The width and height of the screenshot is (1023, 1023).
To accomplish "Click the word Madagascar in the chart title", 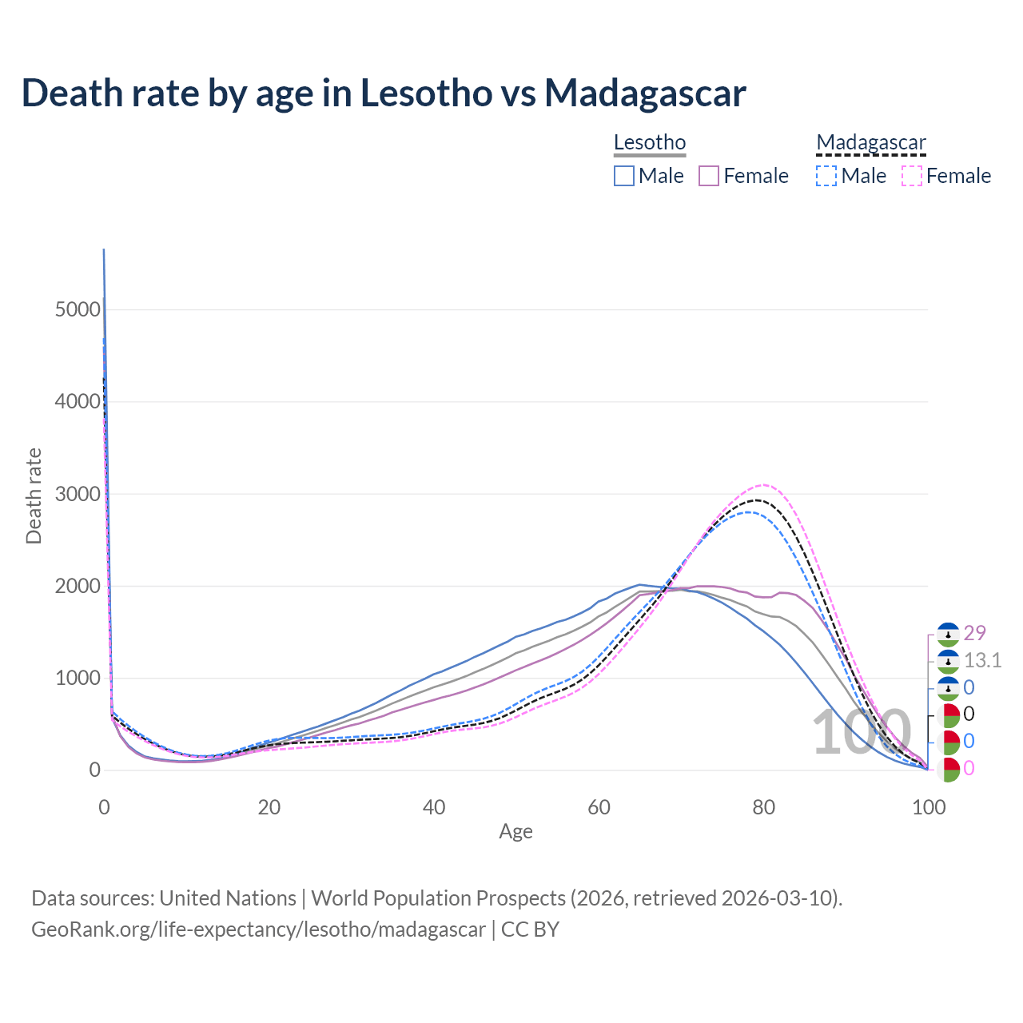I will (645, 93).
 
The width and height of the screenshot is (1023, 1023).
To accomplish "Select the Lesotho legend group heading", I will (650, 142).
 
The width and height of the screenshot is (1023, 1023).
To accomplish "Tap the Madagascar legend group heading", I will (871, 142).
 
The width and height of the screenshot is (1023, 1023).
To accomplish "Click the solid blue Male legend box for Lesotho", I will (624, 176).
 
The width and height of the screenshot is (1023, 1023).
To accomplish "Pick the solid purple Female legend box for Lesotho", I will (710, 176).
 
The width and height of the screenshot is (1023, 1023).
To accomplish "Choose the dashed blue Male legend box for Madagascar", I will (826, 176).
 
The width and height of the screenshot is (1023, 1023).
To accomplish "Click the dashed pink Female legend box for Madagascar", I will (912, 176).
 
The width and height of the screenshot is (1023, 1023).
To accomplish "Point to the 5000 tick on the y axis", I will (78, 309).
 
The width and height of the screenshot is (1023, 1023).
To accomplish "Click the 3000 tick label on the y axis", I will (78, 494).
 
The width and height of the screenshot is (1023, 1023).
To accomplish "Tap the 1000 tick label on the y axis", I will (78, 679).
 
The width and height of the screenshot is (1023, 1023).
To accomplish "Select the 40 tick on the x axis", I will (434, 807).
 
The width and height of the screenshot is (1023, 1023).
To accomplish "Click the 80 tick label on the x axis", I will (764, 807).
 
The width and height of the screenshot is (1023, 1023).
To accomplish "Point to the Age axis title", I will (515, 832).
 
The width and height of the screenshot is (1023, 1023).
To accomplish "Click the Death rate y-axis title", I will (34, 496).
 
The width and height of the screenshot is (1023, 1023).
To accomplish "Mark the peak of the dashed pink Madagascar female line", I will (764, 484).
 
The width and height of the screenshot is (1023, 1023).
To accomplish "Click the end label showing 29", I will (975, 633).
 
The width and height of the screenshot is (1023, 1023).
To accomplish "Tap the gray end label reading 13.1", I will (982, 660).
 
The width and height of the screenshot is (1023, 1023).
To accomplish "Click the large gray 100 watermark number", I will (862, 733).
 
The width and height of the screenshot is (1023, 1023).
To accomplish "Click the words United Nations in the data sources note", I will (228, 898).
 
